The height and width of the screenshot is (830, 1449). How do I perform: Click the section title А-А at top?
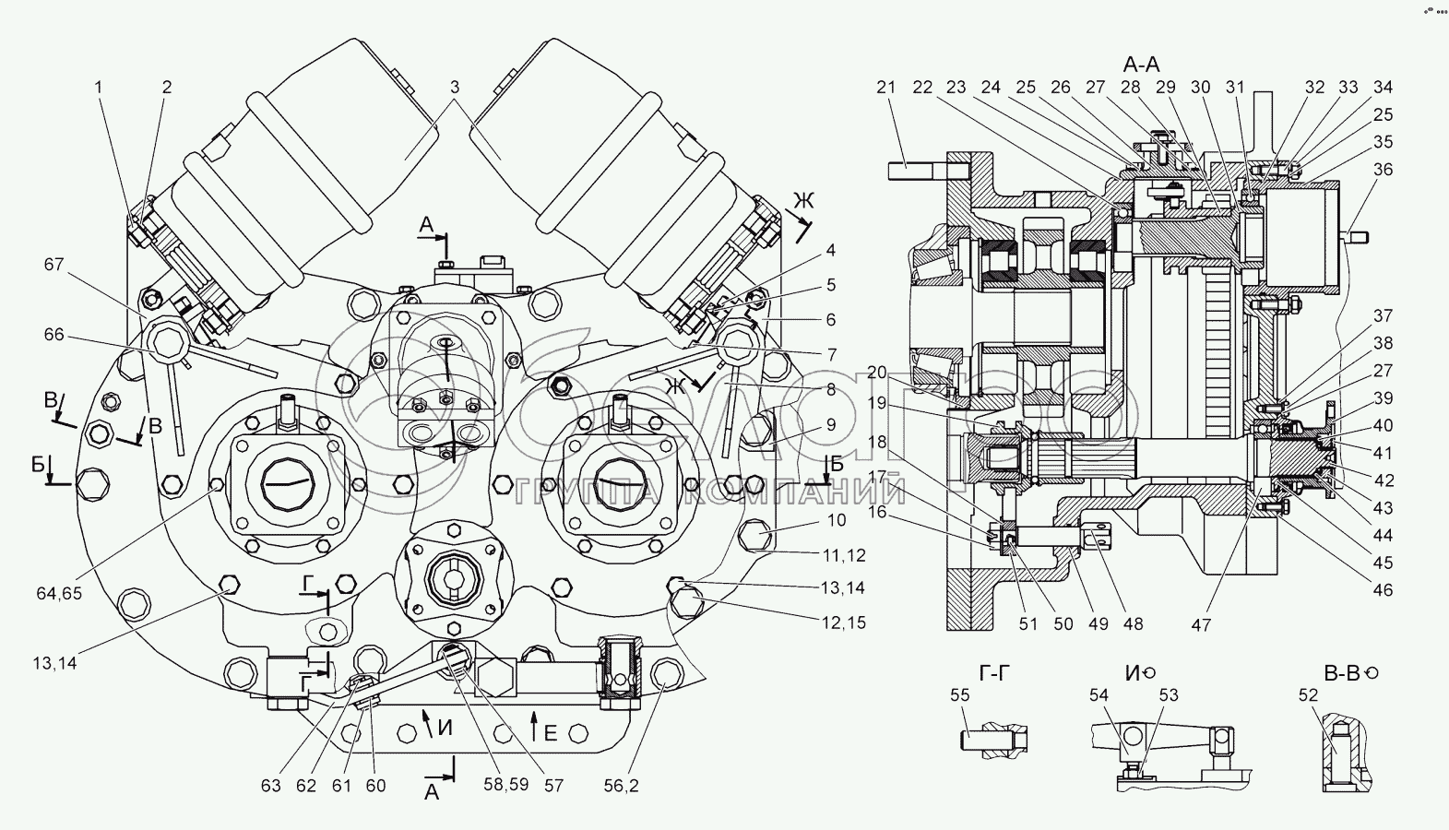(1141, 64)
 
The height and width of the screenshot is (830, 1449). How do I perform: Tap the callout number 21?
(885, 88)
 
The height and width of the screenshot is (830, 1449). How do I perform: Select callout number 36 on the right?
(1382, 170)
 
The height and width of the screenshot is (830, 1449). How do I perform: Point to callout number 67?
(54, 265)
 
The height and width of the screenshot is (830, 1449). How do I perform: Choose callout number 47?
(1200, 624)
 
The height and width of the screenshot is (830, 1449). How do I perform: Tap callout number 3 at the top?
(455, 87)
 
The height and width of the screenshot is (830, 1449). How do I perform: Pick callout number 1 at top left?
(98, 88)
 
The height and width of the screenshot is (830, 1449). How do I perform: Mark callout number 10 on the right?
(836, 521)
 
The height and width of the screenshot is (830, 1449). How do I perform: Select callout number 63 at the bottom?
(269, 787)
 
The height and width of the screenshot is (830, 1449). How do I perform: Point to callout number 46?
(1382, 590)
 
